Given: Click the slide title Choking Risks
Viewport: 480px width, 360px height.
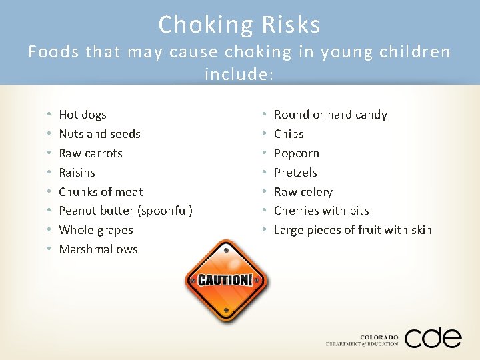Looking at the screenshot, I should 239,25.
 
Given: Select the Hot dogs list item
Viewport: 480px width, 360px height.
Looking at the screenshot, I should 83,115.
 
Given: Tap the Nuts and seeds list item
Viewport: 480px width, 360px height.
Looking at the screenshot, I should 99,134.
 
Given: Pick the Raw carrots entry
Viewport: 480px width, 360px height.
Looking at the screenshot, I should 91,153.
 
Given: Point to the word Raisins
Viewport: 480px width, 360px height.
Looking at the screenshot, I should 77,173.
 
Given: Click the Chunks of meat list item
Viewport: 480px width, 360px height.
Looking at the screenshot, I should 101,192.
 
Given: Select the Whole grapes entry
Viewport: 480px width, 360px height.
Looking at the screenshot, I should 96,230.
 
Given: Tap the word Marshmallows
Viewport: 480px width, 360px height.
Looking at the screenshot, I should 98,249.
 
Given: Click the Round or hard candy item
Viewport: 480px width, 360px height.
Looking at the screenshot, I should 331,115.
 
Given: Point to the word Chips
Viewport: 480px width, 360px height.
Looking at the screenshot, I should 289,134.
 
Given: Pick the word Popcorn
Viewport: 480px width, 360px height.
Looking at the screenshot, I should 297,153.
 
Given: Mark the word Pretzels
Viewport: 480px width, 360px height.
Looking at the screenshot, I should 295,173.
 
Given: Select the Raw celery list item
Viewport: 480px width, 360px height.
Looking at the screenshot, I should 303,192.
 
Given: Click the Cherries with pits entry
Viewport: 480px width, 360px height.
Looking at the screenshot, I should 321,211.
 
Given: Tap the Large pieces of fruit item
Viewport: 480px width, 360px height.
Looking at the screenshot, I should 353,230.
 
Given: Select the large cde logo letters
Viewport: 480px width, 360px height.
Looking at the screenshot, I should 433,337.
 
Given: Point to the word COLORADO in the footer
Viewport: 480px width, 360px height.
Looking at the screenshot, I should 379,337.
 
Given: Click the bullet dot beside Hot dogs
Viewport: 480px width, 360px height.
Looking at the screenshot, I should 50,115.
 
